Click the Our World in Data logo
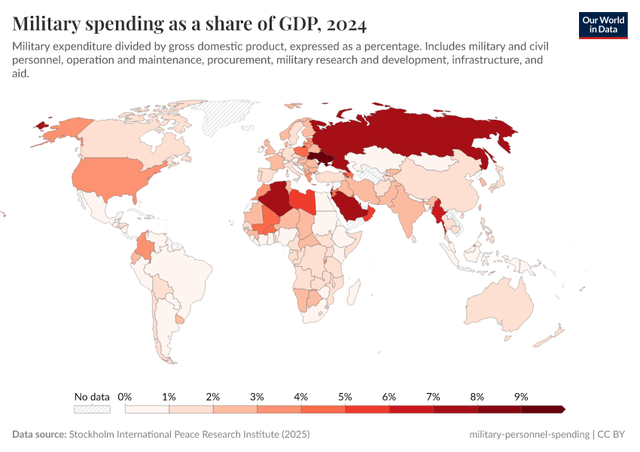[x=602, y=25]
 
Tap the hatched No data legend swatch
[x=92, y=409]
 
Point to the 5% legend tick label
[x=345, y=396]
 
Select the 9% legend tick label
[x=521, y=396]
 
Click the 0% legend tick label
[x=125, y=396]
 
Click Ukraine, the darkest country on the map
[x=322, y=159]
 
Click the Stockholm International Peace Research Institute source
[x=189, y=435]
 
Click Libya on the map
[x=303, y=201]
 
